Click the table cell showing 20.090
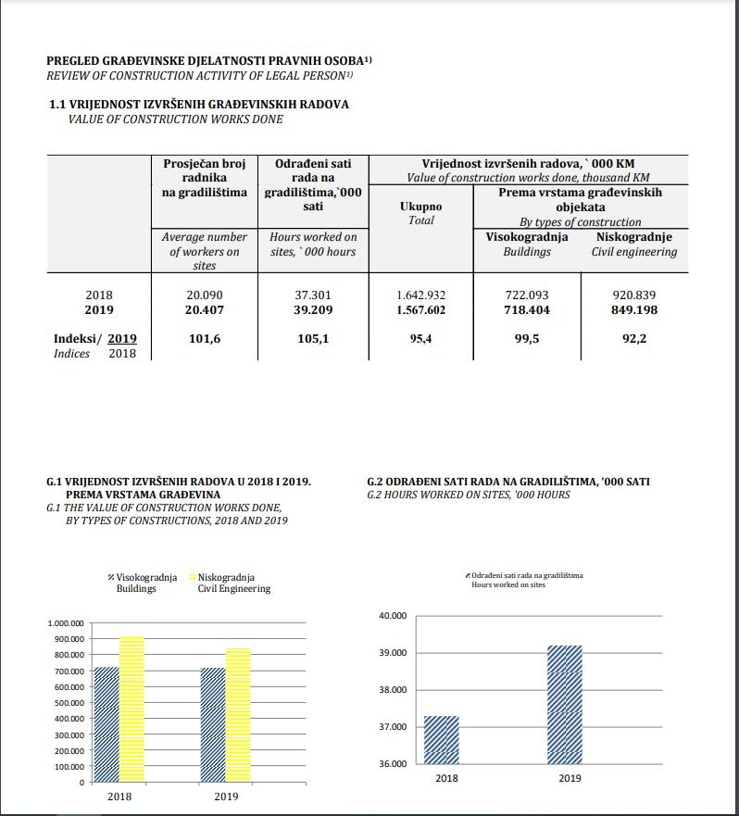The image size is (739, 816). (x=204, y=295)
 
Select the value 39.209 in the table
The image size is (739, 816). (x=313, y=310)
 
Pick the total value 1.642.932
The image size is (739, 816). (x=421, y=295)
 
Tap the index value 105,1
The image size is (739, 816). (x=313, y=340)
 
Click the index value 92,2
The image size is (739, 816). (x=634, y=340)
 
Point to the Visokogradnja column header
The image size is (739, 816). (x=526, y=237)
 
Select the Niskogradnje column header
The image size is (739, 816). (x=634, y=237)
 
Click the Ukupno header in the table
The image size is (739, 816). (x=421, y=207)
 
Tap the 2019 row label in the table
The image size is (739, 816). (x=99, y=310)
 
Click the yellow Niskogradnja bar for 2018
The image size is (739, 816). (x=132, y=709)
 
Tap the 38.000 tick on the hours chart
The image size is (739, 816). (x=394, y=690)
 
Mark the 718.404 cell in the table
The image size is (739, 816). (x=526, y=310)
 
